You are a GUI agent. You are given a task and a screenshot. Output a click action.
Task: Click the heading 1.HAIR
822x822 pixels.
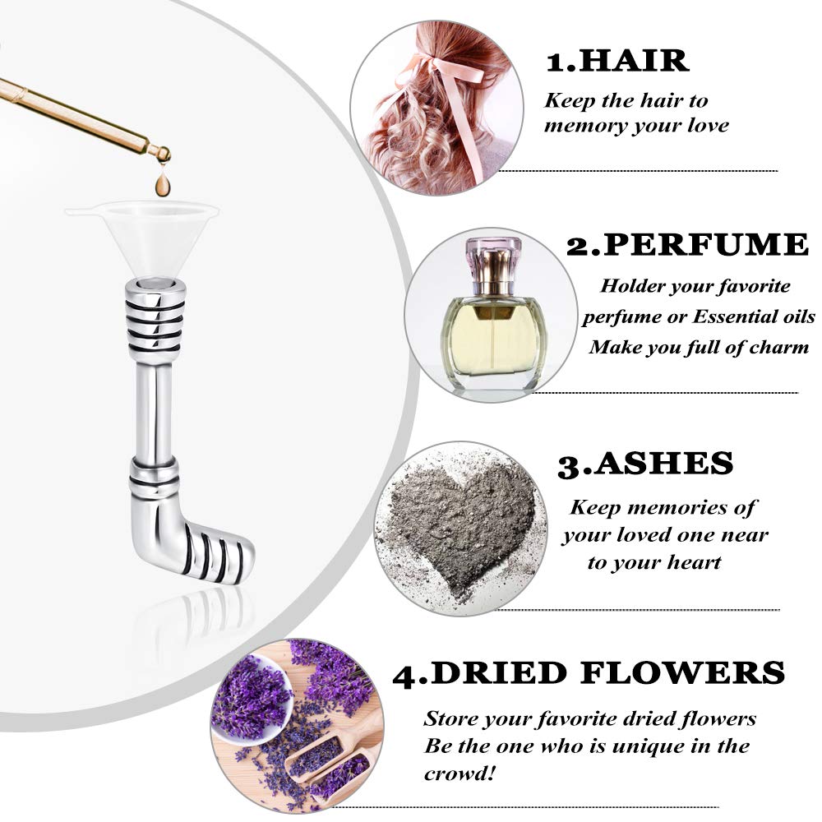617,61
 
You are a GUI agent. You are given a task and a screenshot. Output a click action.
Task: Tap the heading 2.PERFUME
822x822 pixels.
687,245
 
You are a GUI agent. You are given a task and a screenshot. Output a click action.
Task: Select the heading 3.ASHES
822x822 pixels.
644,464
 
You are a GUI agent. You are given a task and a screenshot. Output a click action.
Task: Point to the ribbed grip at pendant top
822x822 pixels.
154,321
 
